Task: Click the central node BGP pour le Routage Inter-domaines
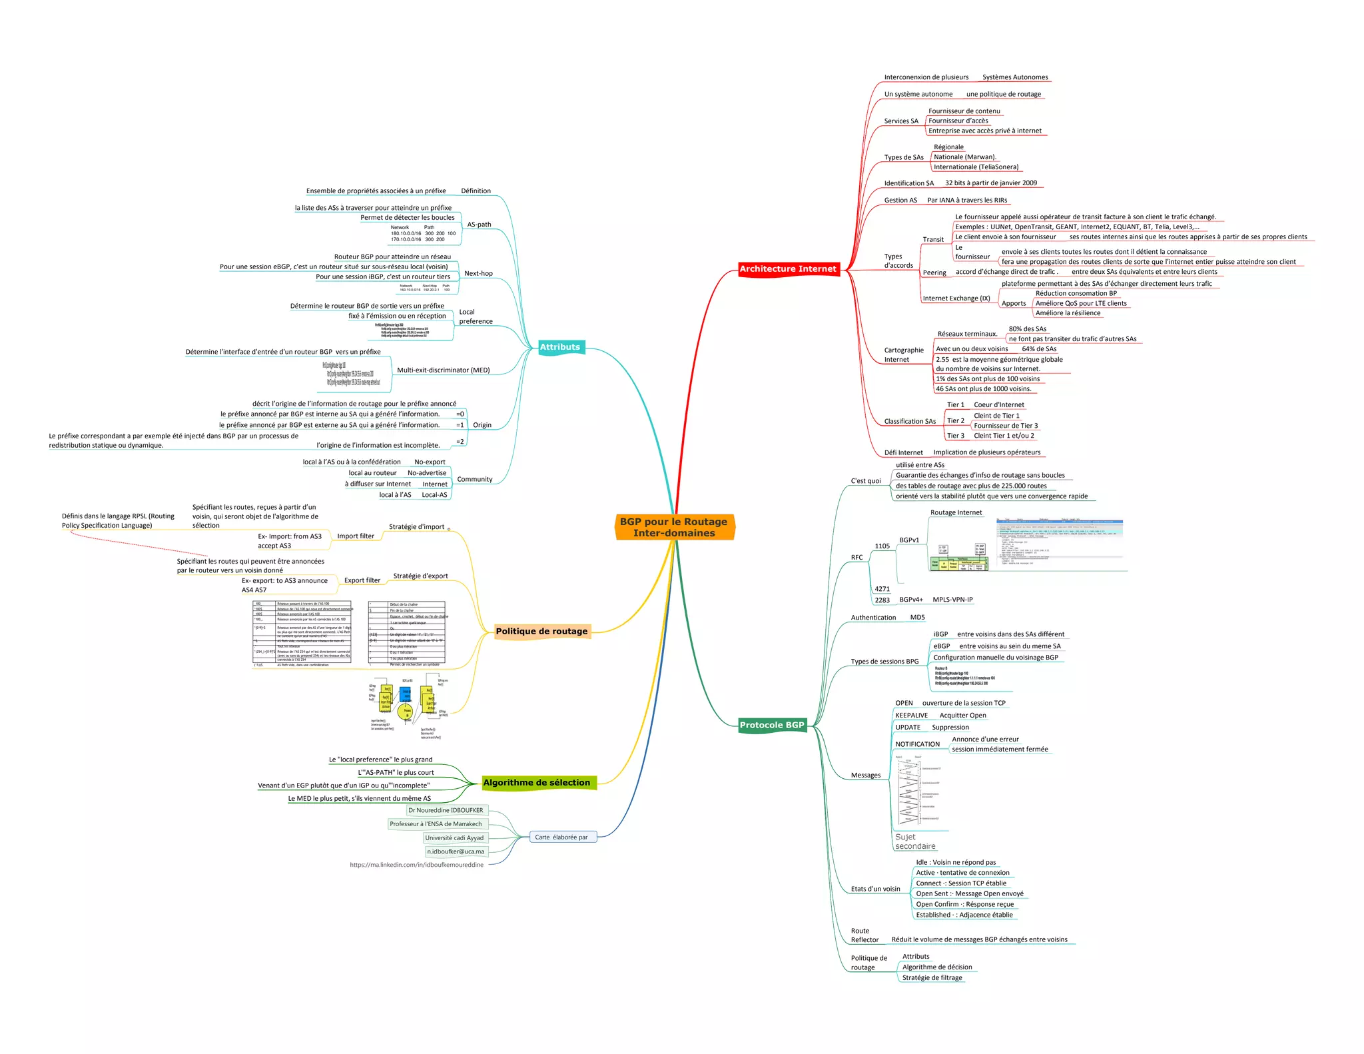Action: tap(674, 527)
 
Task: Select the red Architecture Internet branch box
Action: tap(788, 268)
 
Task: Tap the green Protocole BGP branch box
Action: tap(772, 725)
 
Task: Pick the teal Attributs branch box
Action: tap(560, 347)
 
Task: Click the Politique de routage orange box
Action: tap(541, 632)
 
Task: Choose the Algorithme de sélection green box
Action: tap(537, 783)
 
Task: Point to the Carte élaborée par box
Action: tap(561, 837)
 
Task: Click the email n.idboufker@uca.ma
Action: tap(456, 851)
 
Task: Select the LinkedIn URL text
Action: tap(417, 865)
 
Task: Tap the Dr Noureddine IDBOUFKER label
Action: tap(446, 810)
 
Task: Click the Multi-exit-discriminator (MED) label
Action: tap(444, 370)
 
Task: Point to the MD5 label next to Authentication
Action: tap(918, 618)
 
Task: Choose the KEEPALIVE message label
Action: tap(911, 716)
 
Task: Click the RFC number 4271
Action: tap(882, 589)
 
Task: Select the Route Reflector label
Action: tap(864, 935)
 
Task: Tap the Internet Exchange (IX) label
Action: tap(956, 298)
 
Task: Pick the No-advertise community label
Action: tap(427, 473)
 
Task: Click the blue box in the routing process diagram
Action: tap(405, 694)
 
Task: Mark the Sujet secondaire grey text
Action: tap(915, 841)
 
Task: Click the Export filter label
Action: tap(362, 580)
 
